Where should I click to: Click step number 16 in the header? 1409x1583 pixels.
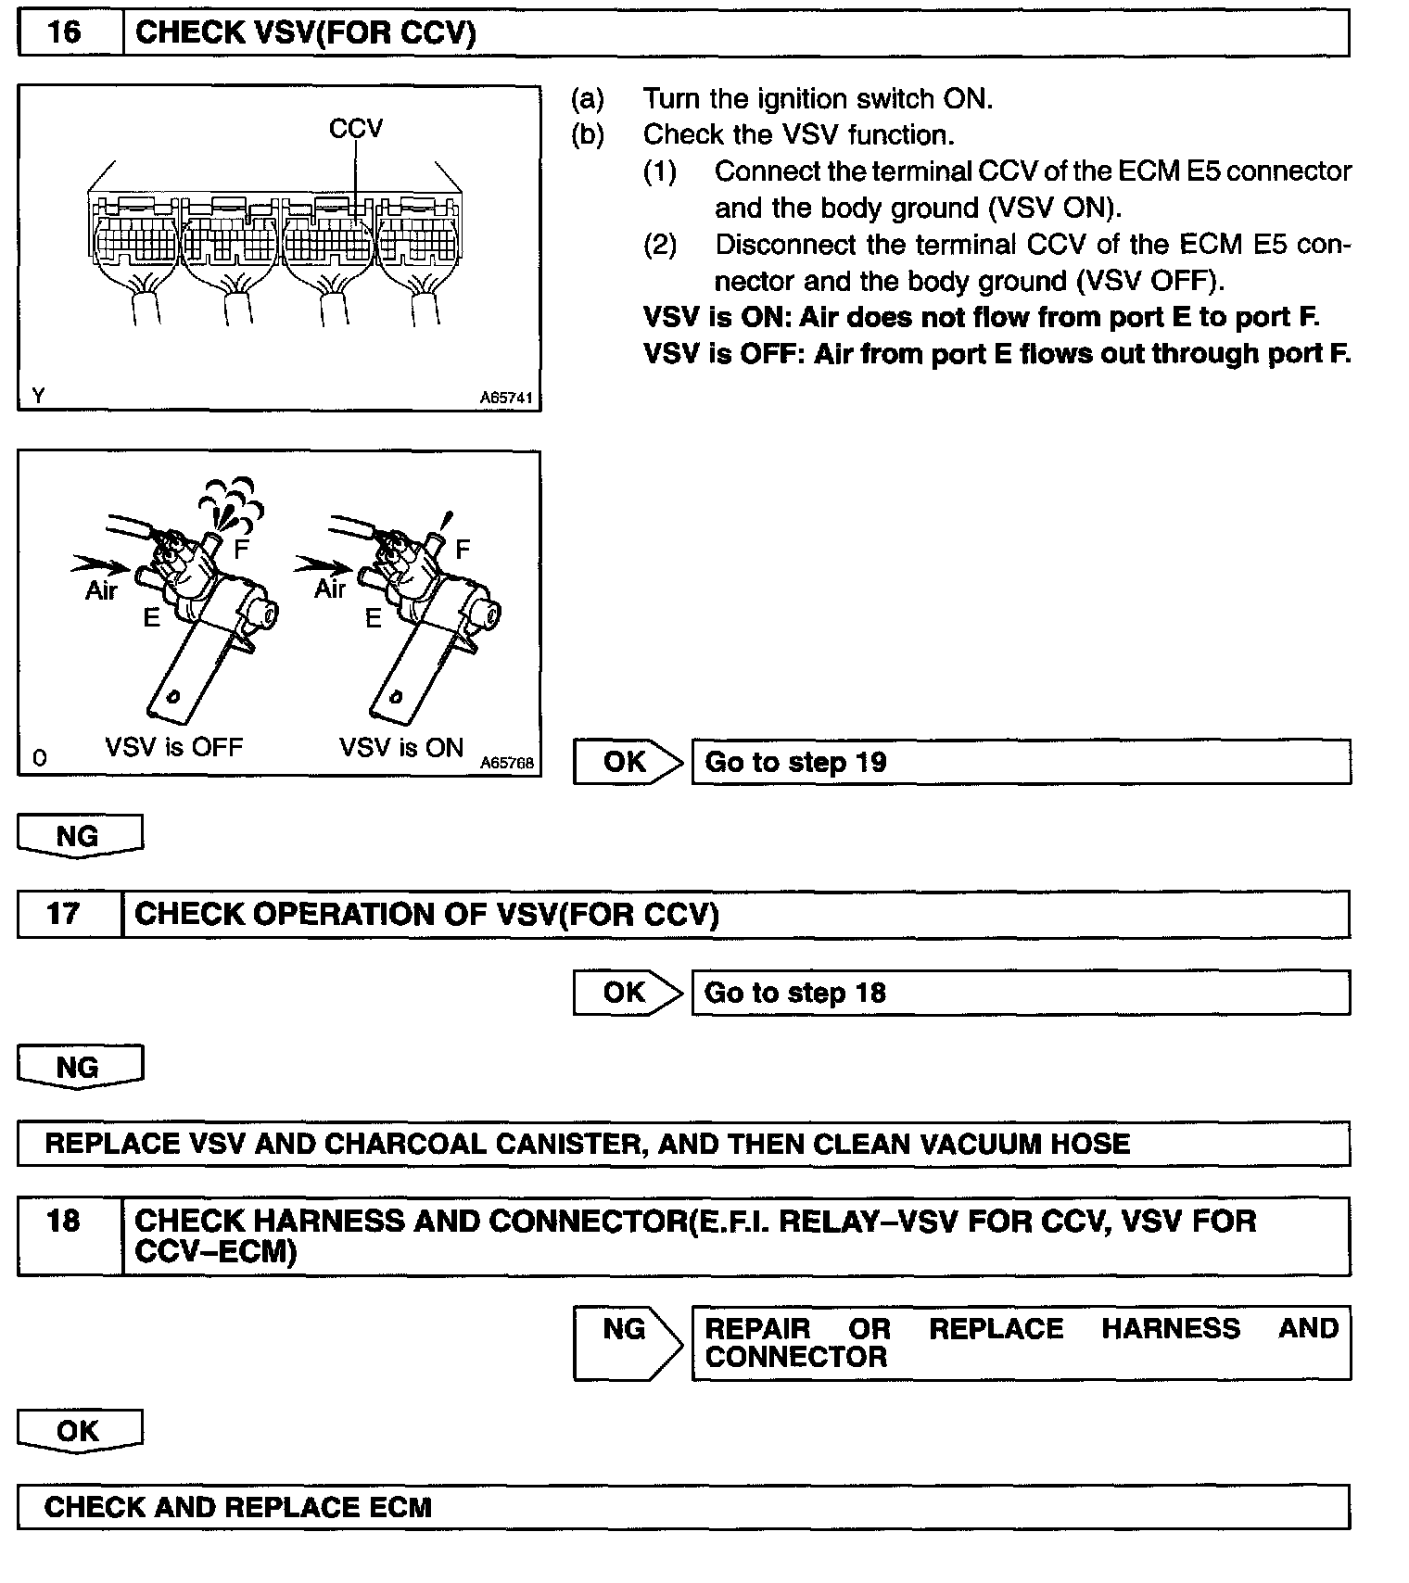tap(64, 33)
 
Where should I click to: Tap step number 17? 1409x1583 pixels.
tap(63, 914)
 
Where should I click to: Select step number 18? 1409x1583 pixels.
tap(63, 1221)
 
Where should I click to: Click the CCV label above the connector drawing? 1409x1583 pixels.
tap(355, 128)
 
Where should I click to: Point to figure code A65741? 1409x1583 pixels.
tap(506, 398)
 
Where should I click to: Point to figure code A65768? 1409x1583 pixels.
tap(507, 763)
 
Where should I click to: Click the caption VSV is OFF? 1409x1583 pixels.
tap(173, 747)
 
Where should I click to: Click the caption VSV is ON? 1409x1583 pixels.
tap(400, 747)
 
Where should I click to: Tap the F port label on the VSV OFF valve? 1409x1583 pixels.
tap(241, 550)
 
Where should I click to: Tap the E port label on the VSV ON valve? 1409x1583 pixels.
tap(373, 618)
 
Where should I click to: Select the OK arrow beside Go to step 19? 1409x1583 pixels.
tap(627, 762)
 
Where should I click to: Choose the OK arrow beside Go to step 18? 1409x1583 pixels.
tap(627, 993)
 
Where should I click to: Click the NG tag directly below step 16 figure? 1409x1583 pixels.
tap(79, 837)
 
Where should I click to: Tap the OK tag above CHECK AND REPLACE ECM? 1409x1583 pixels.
tap(79, 1431)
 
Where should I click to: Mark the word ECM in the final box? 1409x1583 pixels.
tap(400, 1507)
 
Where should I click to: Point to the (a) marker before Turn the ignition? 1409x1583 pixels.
tap(588, 99)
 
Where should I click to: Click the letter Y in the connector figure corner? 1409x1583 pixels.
tap(38, 396)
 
